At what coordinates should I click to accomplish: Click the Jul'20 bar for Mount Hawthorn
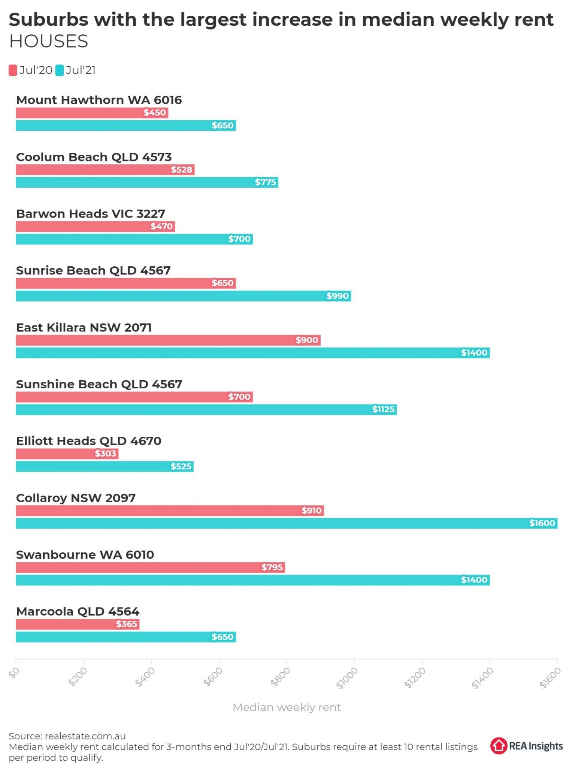coord(92,113)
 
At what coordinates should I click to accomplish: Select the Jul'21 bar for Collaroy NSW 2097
coord(287,523)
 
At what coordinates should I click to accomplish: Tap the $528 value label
coord(182,170)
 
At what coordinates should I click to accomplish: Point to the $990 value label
coord(338,296)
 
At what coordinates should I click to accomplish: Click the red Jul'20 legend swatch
coord(13,70)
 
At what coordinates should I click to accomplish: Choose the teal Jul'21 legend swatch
coord(60,70)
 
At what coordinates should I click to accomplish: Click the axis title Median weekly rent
coord(287,707)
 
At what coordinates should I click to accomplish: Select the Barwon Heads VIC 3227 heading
coord(91,214)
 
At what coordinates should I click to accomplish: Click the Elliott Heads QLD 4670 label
coord(89,441)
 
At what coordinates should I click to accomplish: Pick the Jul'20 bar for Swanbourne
coord(150,567)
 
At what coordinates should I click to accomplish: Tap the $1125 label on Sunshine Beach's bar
coord(383,409)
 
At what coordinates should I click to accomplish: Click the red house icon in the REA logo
coord(499,746)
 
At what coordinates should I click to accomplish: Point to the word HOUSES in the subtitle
coord(49,42)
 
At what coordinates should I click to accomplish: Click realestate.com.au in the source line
coord(85,736)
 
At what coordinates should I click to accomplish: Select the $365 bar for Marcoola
coord(78,624)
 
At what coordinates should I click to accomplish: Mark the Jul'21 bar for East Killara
coord(253,353)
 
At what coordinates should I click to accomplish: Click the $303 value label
coord(106,454)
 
